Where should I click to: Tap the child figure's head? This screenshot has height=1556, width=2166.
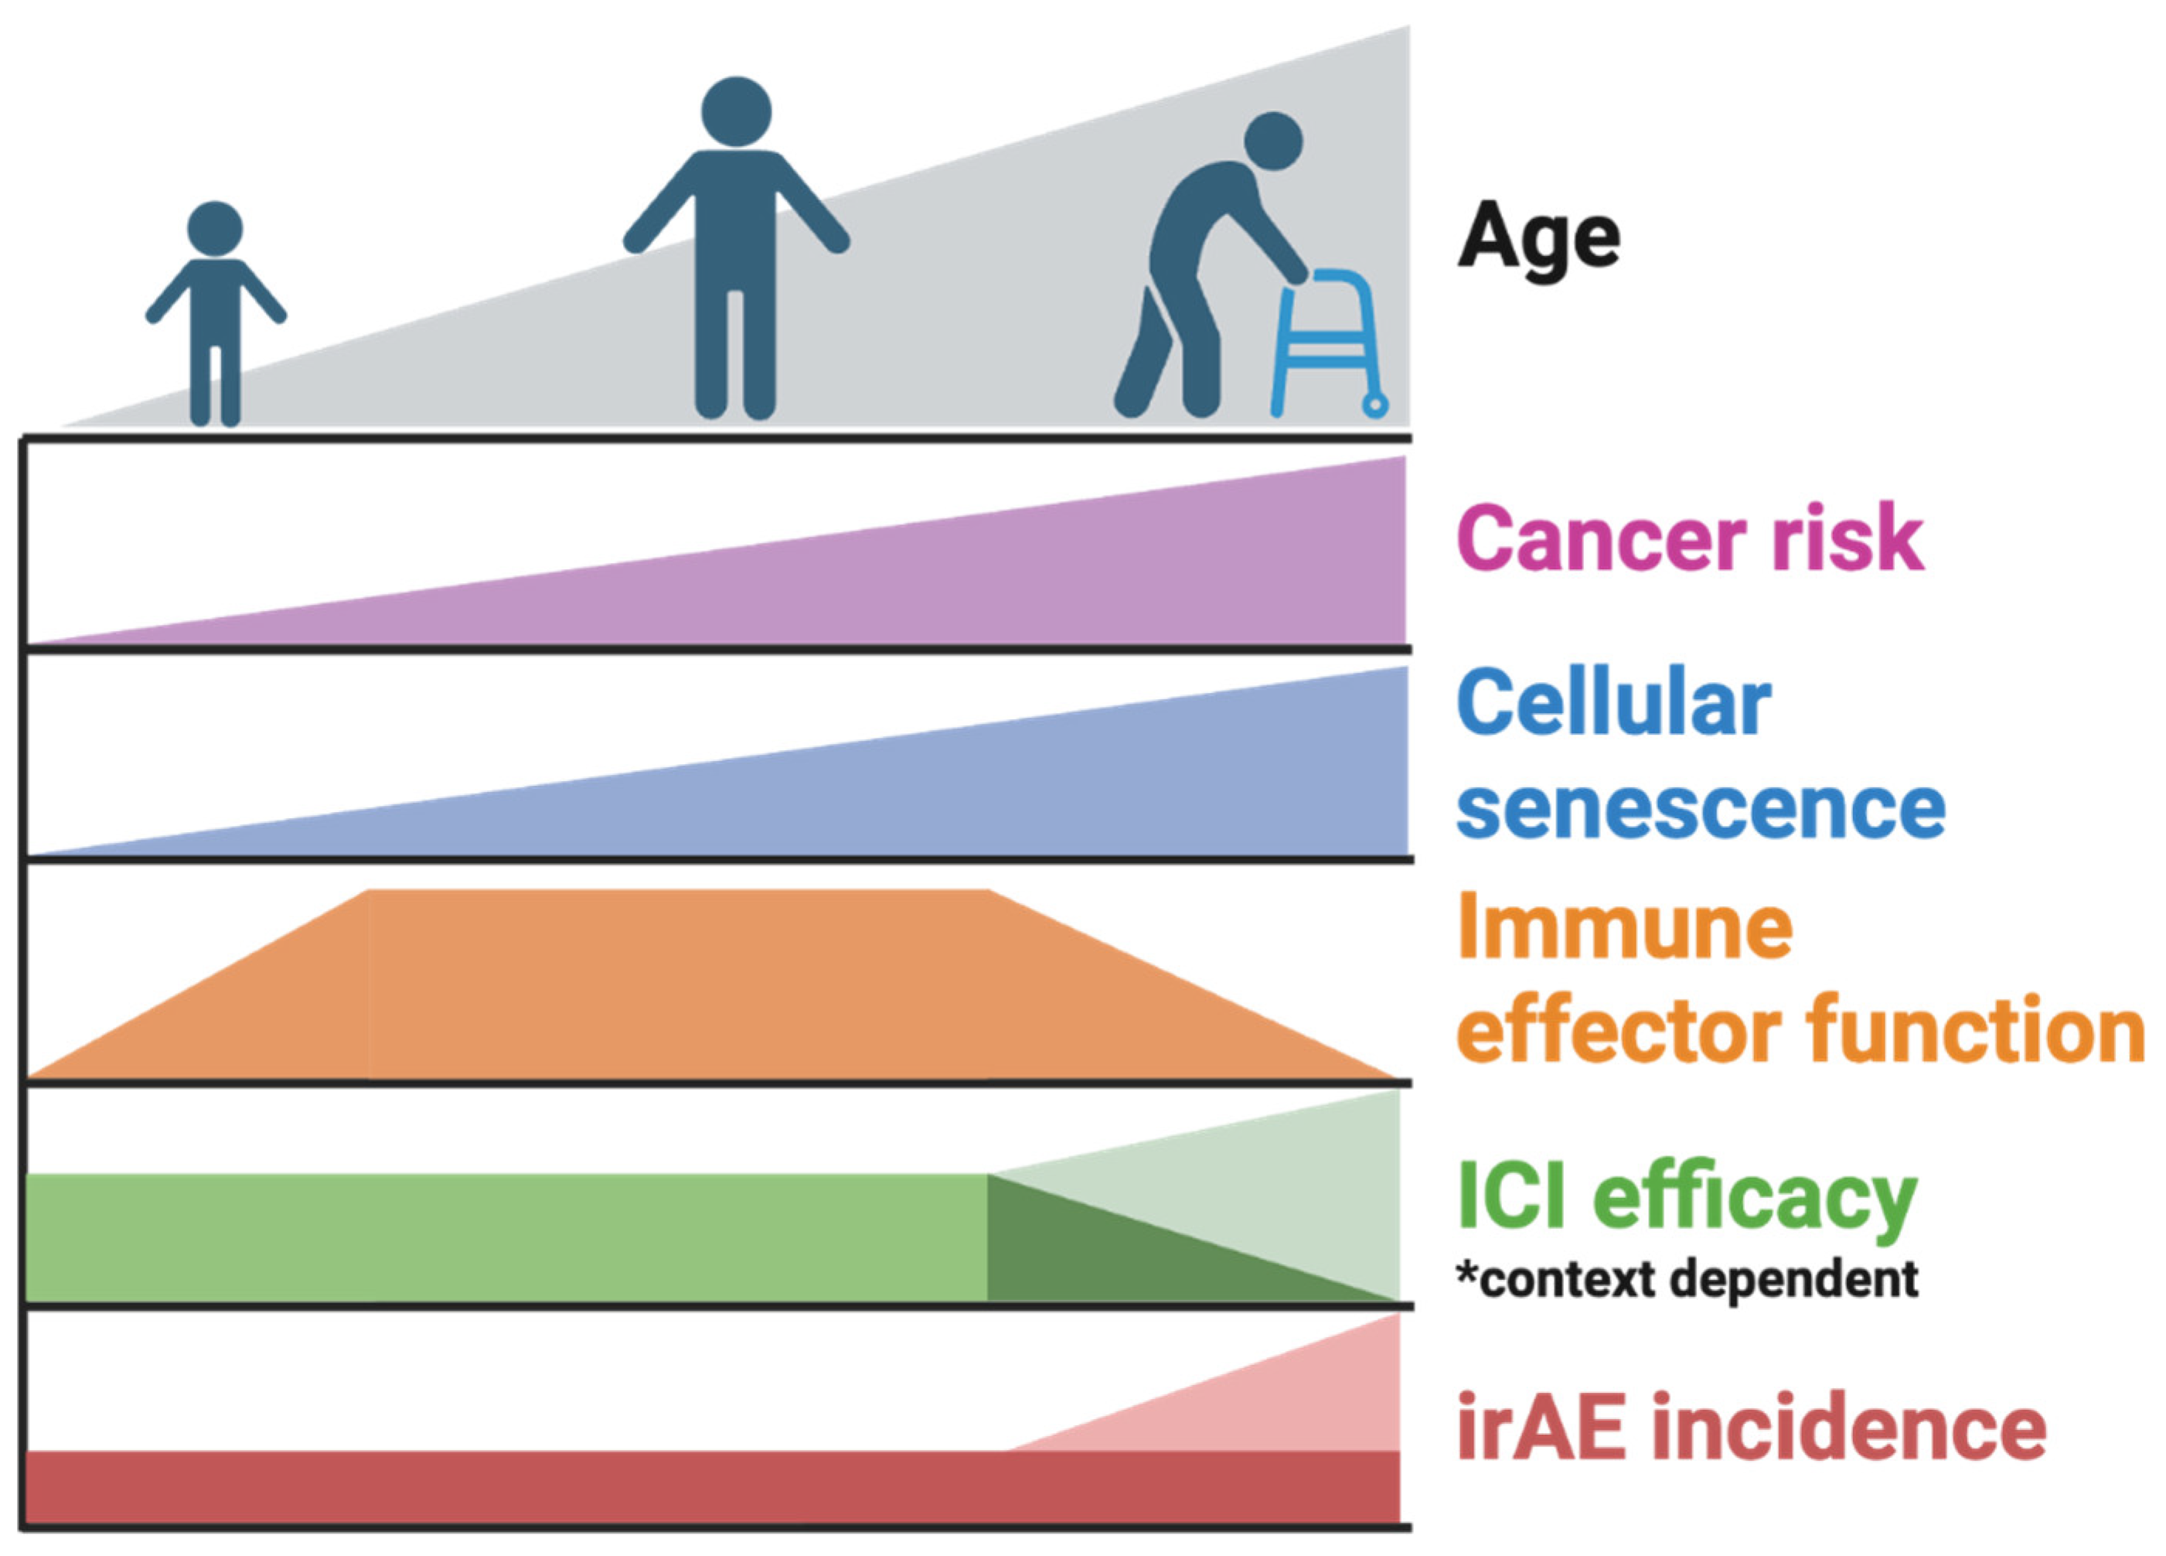tap(215, 229)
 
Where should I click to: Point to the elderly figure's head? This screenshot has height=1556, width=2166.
tap(1273, 142)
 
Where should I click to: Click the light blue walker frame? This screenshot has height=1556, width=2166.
tap(1330, 344)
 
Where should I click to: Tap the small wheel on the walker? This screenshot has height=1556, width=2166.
tap(1375, 406)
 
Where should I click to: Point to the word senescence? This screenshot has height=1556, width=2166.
tap(1701, 809)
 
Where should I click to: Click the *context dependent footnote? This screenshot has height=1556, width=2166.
tap(1687, 1280)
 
